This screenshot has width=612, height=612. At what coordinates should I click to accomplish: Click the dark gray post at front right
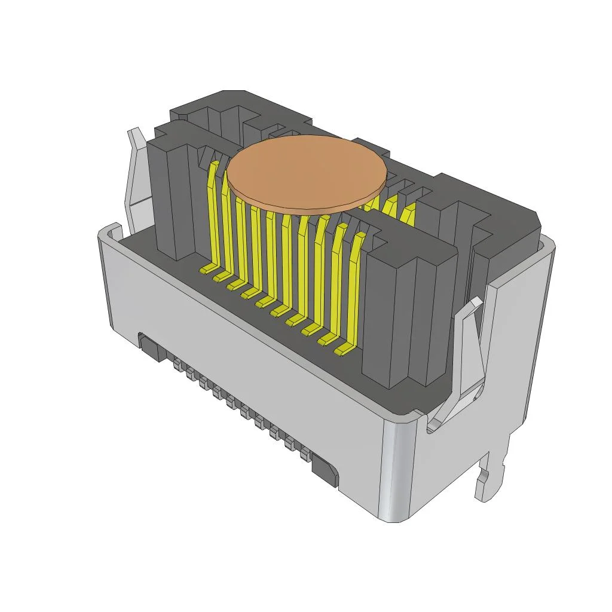point(412,311)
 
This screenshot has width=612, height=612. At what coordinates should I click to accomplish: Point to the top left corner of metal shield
point(108,230)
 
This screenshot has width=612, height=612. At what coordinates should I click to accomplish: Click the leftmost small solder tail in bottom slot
point(177,365)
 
